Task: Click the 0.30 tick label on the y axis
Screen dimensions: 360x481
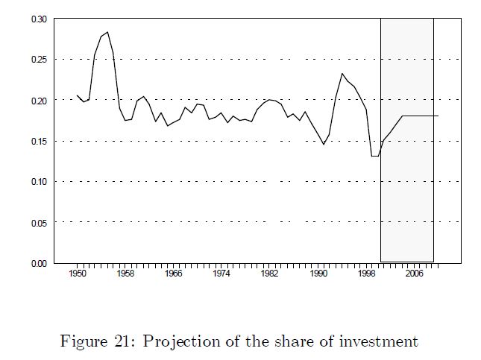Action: click(x=39, y=19)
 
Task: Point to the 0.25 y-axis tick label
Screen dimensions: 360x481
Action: click(x=39, y=60)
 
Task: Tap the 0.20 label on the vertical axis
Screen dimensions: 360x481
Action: click(x=39, y=100)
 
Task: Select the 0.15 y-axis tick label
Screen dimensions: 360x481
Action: click(x=39, y=141)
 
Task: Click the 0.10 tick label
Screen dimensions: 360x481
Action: click(x=39, y=181)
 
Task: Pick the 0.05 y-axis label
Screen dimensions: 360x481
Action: click(x=39, y=222)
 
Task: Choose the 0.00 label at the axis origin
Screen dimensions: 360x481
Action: click(x=39, y=263)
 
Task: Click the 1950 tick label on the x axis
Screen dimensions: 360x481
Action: click(x=78, y=274)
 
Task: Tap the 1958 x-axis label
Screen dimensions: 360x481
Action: click(x=125, y=274)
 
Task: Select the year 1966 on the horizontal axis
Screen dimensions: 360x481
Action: click(x=174, y=274)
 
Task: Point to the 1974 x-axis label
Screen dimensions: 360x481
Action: click(x=221, y=274)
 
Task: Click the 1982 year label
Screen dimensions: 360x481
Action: click(x=270, y=274)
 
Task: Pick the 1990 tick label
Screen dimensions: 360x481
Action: click(x=318, y=274)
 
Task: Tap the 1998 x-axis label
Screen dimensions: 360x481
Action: click(x=366, y=274)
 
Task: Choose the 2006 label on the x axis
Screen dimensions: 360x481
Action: click(x=415, y=274)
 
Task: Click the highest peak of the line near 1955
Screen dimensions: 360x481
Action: click(x=107, y=32)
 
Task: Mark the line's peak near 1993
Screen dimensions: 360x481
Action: click(x=342, y=73)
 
